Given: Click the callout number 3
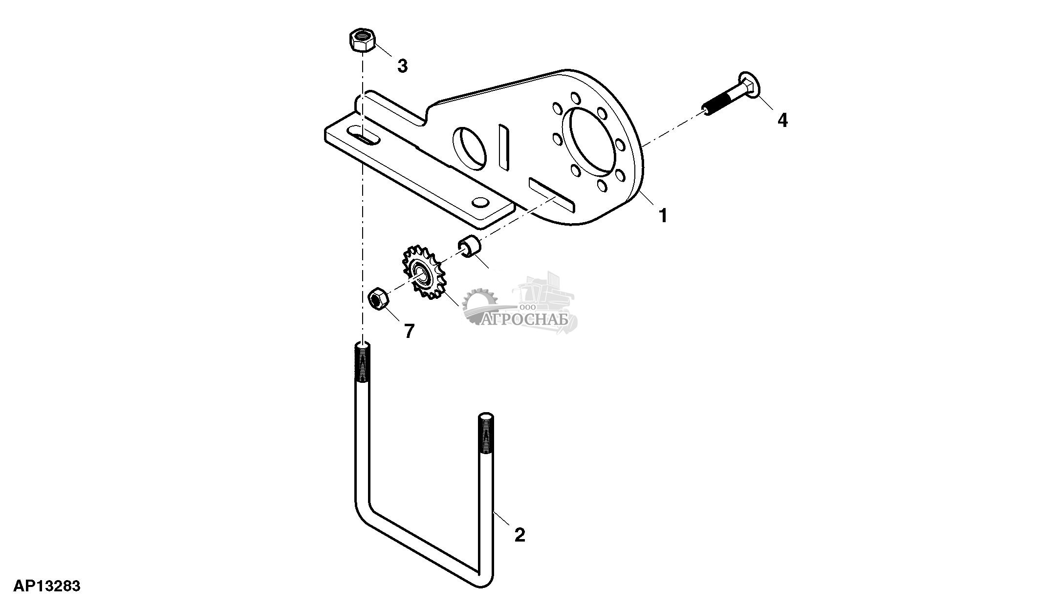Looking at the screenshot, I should tap(402, 66).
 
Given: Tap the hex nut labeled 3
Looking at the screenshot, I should tap(362, 41).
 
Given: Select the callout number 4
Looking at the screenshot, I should tap(782, 120).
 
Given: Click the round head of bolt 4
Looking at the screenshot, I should tap(748, 86).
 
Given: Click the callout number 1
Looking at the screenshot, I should tap(663, 215).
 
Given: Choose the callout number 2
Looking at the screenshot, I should tap(519, 535).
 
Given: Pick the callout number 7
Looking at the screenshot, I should tap(409, 331).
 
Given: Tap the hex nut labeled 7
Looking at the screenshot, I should tap(378, 298).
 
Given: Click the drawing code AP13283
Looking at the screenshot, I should tap(47, 585).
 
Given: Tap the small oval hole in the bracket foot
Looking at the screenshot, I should tap(480, 202).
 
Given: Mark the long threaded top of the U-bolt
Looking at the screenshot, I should tap(362, 364).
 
